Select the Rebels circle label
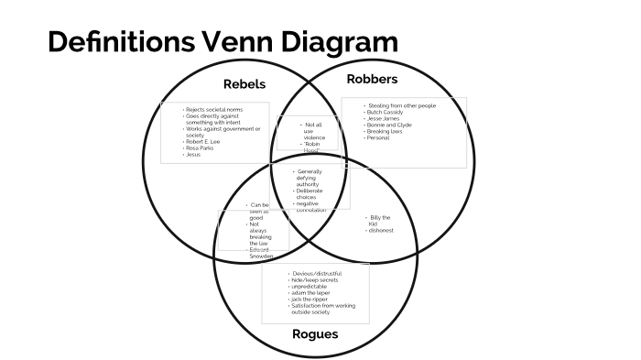pyautogui.click(x=244, y=84)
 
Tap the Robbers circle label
pyautogui.click(x=373, y=79)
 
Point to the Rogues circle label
pyautogui.click(x=314, y=333)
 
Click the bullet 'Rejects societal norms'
pyautogui.click(x=213, y=110)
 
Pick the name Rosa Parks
pyautogui.click(x=201, y=148)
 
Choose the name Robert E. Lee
pyautogui.click(x=203, y=142)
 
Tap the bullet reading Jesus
pyautogui.click(x=193, y=155)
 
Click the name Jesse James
pyautogui.click(x=385, y=118)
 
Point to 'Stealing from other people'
pyautogui.click(x=402, y=105)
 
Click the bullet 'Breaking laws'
pyautogui.click(x=386, y=131)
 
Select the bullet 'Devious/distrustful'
pyautogui.click(x=315, y=274)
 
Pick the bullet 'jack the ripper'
pyautogui.click(x=310, y=300)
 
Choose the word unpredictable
pyautogui.click(x=310, y=287)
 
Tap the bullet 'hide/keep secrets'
pyautogui.click(x=313, y=280)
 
